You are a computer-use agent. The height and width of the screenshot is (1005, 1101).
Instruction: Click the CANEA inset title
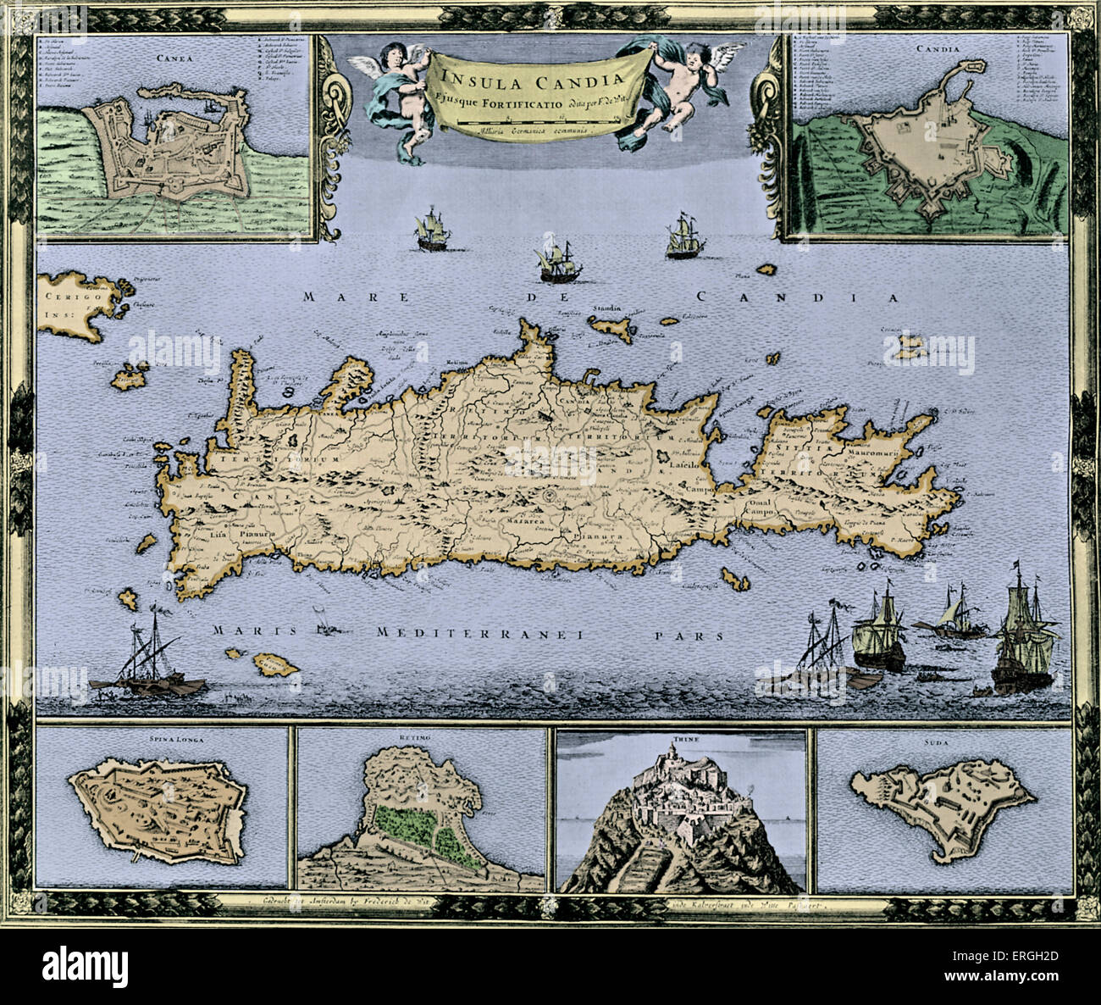pyautogui.click(x=173, y=58)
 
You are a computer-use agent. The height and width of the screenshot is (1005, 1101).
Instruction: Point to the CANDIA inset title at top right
pyautogui.click(x=938, y=48)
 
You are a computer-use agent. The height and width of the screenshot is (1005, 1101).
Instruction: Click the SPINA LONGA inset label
pyautogui.click(x=163, y=738)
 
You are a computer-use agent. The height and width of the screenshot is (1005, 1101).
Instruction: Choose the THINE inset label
pyautogui.click(x=675, y=738)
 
